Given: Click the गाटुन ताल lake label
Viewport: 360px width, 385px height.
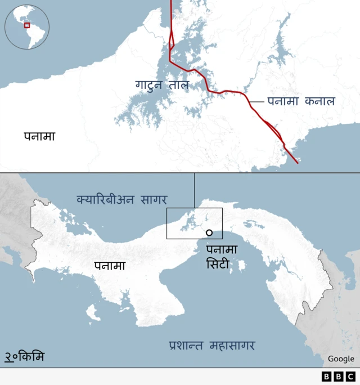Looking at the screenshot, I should click(162, 85).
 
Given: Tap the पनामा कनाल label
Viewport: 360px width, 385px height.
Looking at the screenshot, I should click(301, 101).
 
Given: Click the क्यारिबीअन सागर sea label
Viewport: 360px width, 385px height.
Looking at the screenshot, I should click(125, 199).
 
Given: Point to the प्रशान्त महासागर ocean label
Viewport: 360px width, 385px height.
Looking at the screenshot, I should click(211, 345).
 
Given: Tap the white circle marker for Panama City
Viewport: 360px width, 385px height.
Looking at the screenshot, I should click(209, 232).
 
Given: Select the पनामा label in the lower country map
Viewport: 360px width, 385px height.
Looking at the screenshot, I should click(110, 266).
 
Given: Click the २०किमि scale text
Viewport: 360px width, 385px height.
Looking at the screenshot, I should click(25, 357).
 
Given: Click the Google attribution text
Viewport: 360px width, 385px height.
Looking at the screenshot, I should click(341, 359).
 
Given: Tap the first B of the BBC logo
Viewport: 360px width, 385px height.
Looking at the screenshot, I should click(327, 377).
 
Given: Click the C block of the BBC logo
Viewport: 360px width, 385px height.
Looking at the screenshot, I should click(350, 377).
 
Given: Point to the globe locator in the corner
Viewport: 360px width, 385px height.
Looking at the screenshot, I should click(27, 27).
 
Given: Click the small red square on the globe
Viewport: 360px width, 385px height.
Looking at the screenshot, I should click(26, 25).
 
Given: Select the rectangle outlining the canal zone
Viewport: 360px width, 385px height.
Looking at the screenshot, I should click(195, 209).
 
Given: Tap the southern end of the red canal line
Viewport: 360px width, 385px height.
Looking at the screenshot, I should click(297, 163).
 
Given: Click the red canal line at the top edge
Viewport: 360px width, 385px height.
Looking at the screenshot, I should click(171, 2).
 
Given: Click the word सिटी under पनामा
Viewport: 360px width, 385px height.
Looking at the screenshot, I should click(218, 263).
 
